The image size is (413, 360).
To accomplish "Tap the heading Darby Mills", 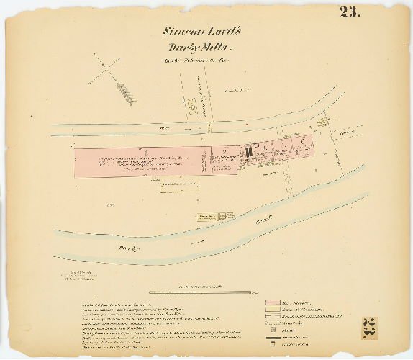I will (196, 48).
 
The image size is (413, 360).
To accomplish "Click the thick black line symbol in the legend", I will (271, 335).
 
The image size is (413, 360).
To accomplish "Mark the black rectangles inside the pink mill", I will (248, 152).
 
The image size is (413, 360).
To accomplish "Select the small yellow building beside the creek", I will (207, 216).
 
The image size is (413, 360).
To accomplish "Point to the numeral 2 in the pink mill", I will (224, 152).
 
